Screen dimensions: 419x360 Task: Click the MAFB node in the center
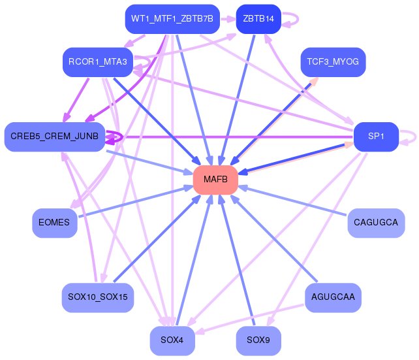click(x=215, y=180)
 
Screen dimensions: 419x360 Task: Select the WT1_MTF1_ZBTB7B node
click(x=172, y=19)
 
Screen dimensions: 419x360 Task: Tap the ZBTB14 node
click(x=258, y=19)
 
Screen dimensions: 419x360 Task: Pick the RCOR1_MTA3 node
click(x=98, y=62)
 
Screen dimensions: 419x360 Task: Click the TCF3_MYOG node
click(x=333, y=62)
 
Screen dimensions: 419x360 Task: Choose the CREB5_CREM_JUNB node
click(x=55, y=137)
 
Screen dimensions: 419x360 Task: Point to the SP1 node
click(x=376, y=137)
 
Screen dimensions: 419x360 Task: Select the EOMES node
click(x=55, y=223)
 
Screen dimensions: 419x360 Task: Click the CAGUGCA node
click(x=376, y=223)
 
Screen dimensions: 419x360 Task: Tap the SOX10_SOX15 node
click(x=98, y=297)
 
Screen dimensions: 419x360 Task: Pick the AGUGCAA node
click(x=333, y=297)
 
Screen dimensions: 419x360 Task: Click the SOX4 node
click(x=172, y=340)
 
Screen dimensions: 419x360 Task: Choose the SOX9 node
click(x=258, y=340)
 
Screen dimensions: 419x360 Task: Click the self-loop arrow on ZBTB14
click(x=298, y=19)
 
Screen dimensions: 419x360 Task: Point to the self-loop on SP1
click(x=415, y=137)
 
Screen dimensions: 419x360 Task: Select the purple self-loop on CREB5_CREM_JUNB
click(x=122, y=137)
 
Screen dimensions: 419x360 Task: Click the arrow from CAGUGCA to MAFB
click(x=292, y=201)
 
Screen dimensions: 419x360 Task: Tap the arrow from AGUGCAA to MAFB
click(x=273, y=238)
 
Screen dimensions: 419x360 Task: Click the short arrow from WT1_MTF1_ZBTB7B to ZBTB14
click(x=228, y=19)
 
